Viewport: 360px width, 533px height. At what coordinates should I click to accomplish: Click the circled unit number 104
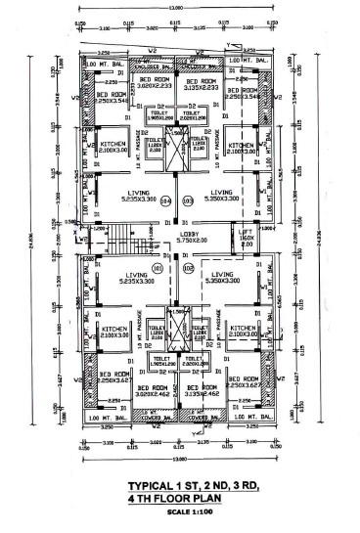[x=165, y=201]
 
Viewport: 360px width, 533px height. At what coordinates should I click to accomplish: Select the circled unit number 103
[x=188, y=201]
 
